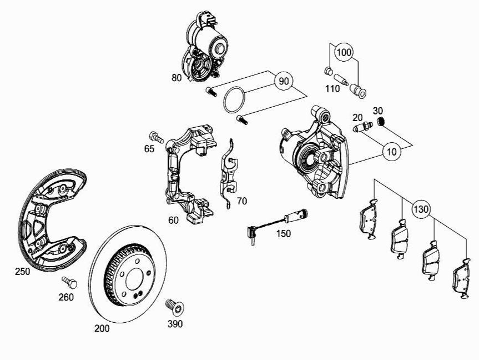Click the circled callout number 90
[x=284, y=81]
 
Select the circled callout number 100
[x=345, y=52]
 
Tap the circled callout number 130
[x=421, y=210]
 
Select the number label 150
[x=283, y=234]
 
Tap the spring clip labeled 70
[x=229, y=172]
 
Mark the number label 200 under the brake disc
[x=102, y=328]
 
